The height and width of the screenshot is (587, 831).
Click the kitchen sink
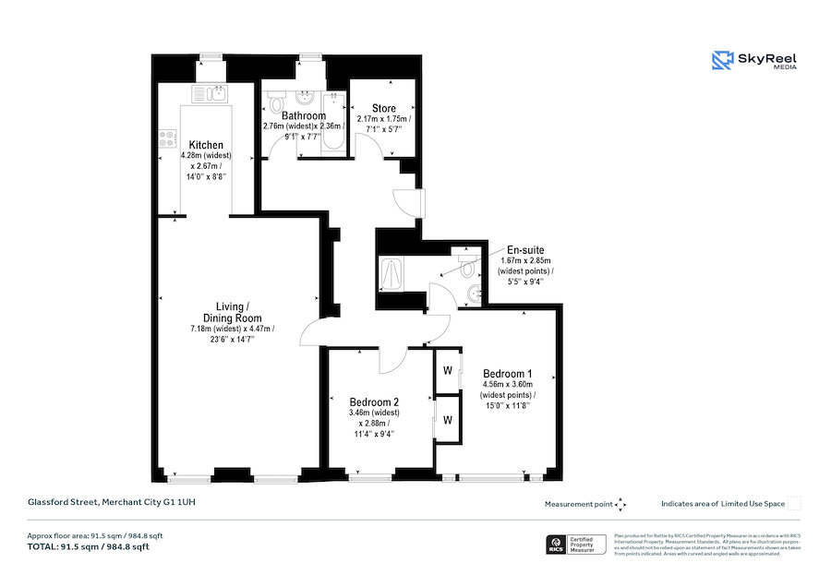(x=214, y=92)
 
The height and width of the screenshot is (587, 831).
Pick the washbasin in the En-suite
(x=475, y=293)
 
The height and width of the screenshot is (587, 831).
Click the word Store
(x=384, y=109)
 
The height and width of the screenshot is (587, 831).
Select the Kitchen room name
(x=206, y=145)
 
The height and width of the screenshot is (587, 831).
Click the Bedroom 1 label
(x=507, y=374)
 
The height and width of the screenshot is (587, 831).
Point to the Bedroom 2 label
(x=374, y=402)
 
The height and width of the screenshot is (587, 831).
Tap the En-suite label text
(x=524, y=249)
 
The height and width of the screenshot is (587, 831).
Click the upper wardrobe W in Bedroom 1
(x=448, y=372)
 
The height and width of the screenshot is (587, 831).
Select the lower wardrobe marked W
(x=448, y=420)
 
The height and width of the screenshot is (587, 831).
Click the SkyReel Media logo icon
(x=721, y=61)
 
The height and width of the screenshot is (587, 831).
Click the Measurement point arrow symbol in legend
(x=620, y=504)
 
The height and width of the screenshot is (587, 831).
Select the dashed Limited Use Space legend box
(x=794, y=503)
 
